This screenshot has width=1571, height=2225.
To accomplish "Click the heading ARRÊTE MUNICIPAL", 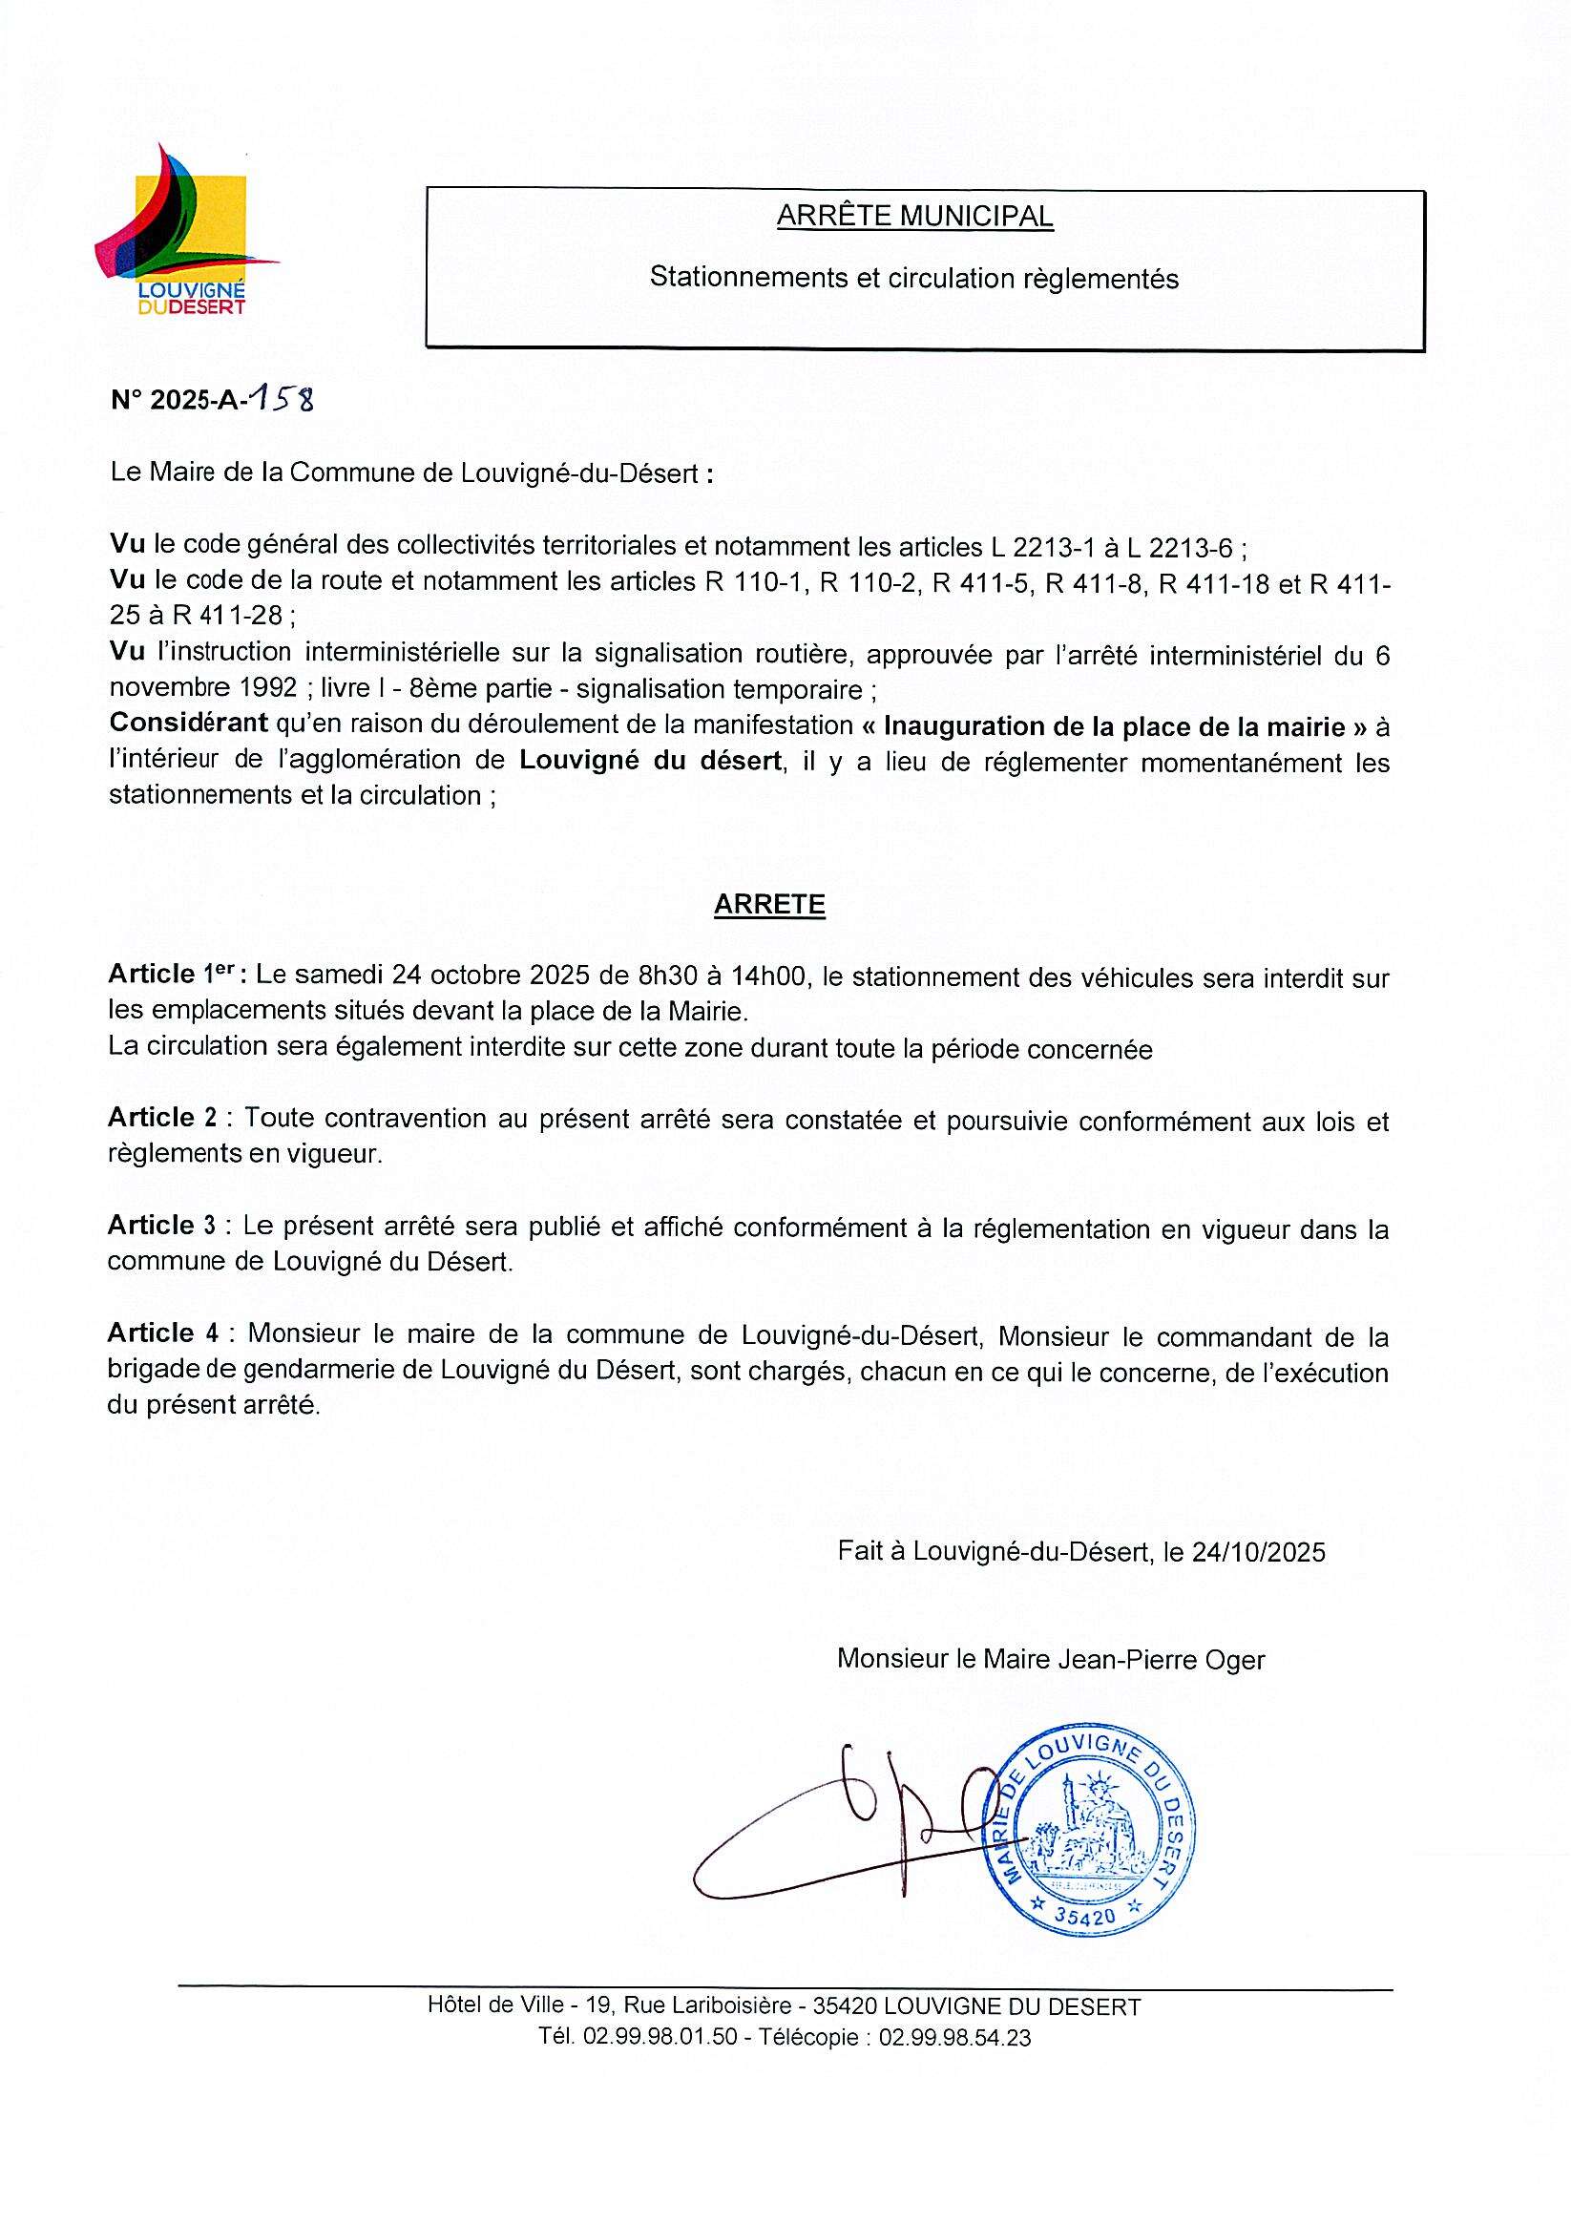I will pos(914,216).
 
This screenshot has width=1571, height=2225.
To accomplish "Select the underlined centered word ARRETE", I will pos(768,904).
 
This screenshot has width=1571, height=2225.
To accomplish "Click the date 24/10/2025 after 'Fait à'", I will pos(1258,1552).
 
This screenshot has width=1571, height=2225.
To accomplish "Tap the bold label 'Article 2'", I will pos(163,1118).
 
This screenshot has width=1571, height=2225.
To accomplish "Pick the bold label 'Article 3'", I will pos(163,1225).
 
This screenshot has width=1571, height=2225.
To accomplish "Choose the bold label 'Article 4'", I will pos(163,1333).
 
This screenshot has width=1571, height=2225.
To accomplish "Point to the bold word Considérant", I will pos(187,724).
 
